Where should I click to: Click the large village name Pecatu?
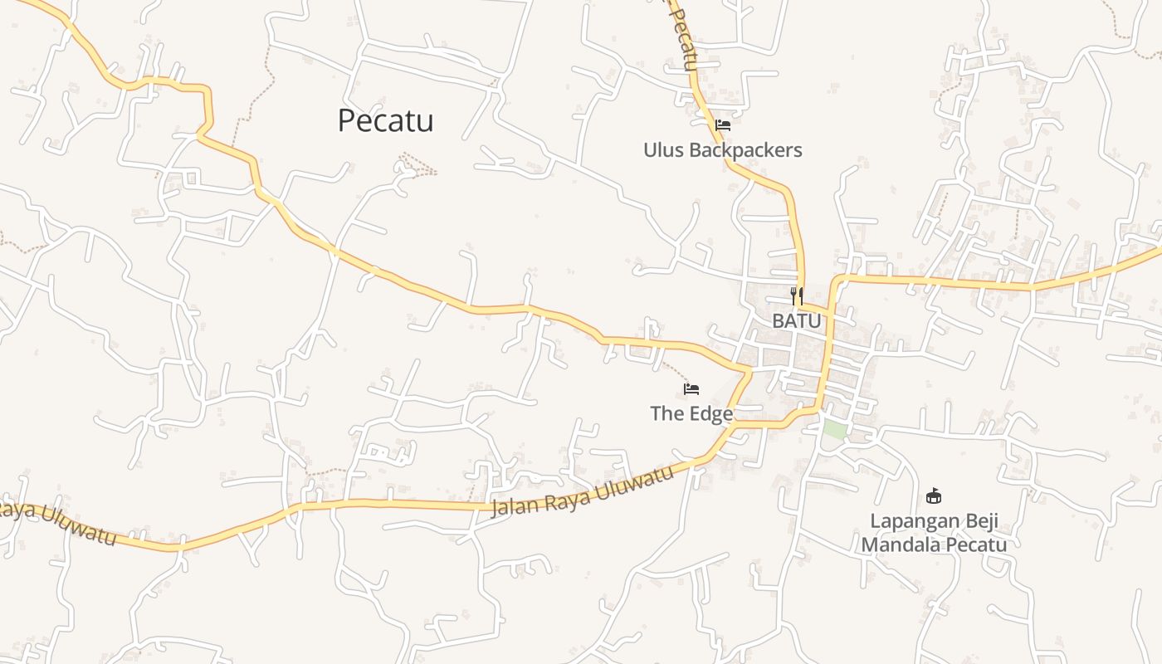click(x=386, y=121)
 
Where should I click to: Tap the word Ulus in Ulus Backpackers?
click(x=664, y=150)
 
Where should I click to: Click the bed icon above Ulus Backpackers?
click(x=723, y=125)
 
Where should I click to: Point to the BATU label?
click(x=797, y=320)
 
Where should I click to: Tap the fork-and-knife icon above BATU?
click(x=797, y=295)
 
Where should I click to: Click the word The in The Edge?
click(x=666, y=413)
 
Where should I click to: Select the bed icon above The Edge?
click(x=691, y=388)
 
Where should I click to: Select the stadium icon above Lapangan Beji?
click(x=934, y=496)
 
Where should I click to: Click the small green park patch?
click(x=835, y=430)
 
